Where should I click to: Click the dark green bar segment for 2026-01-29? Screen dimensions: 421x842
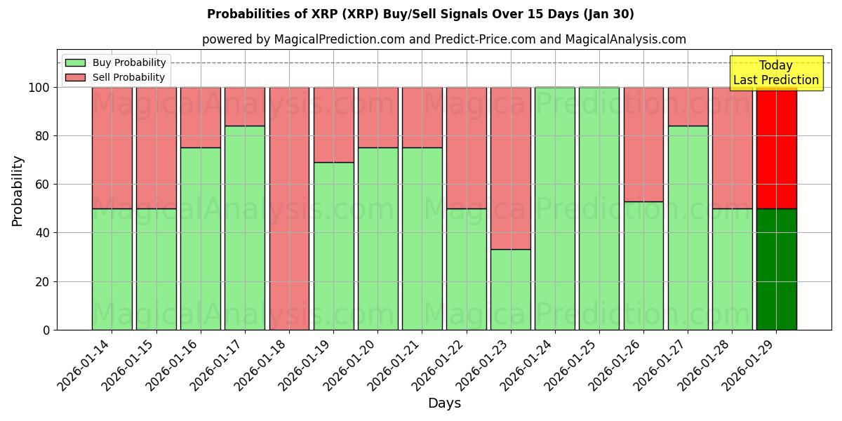pyautogui.click(x=776, y=269)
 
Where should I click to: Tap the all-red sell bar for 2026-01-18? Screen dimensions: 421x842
pyautogui.click(x=289, y=208)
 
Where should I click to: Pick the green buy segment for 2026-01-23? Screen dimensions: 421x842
pyautogui.click(x=510, y=289)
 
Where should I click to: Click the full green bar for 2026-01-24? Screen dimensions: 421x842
pyautogui.click(x=554, y=208)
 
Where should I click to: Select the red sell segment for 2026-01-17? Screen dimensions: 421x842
pyautogui.click(x=245, y=107)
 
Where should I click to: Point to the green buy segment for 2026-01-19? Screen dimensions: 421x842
pyautogui.click(x=333, y=246)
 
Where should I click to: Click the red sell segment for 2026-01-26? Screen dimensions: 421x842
pyautogui.click(x=643, y=145)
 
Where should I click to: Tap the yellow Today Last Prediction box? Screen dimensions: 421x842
pyautogui.click(x=775, y=73)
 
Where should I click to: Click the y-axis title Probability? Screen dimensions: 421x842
pyautogui.click(x=18, y=191)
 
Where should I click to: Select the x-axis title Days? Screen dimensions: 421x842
pyautogui.click(x=444, y=403)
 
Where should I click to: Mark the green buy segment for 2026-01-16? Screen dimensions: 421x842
pyautogui.click(x=201, y=239)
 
